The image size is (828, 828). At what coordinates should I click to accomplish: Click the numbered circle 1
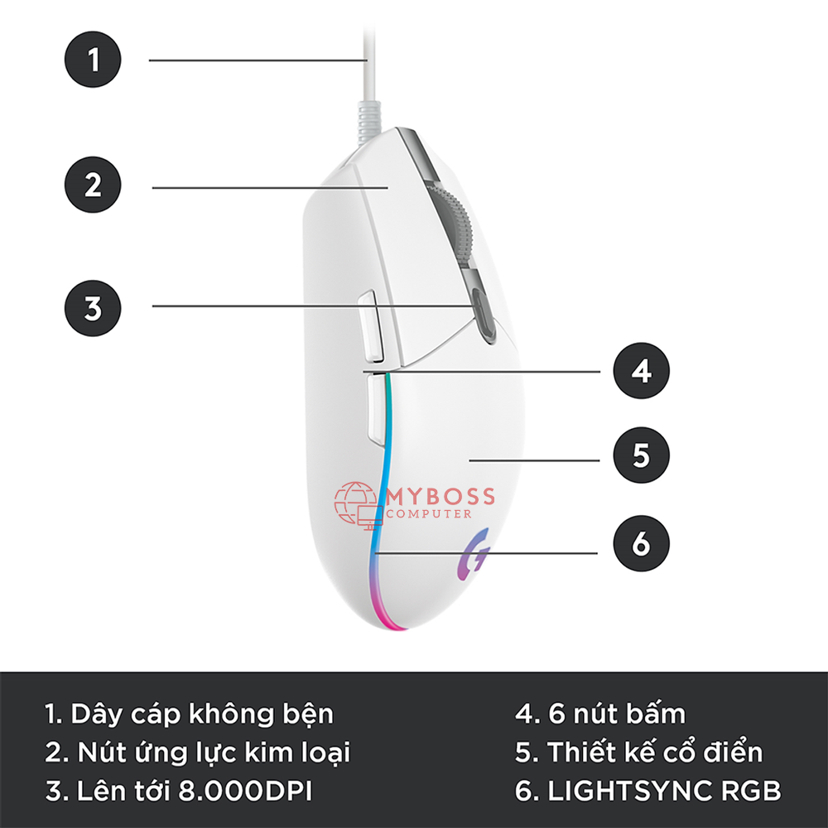click(93, 59)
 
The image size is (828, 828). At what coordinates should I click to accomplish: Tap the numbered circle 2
click(93, 185)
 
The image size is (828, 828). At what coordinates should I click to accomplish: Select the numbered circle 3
click(93, 308)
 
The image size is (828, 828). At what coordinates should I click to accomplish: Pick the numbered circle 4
click(641, 371)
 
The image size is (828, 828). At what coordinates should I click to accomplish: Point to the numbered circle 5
click(641, 455)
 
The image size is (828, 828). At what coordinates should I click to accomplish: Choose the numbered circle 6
click(641, 543)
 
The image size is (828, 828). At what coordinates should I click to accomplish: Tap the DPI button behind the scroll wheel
click(484, 315)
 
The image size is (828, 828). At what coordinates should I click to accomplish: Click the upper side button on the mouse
click(371, 325)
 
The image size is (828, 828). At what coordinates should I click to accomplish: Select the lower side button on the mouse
click(377, 409)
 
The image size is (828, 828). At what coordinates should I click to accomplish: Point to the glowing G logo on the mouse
click(473, 555)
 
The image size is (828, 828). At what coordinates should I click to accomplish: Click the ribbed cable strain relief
click(368, 122)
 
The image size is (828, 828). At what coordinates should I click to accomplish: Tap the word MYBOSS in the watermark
click(440, 496)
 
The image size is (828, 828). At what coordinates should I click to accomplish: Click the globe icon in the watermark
click(355, 503)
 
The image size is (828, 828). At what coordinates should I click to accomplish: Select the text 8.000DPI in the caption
click(245, 791)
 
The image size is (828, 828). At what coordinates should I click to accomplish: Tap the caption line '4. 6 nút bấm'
click(599, 713)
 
